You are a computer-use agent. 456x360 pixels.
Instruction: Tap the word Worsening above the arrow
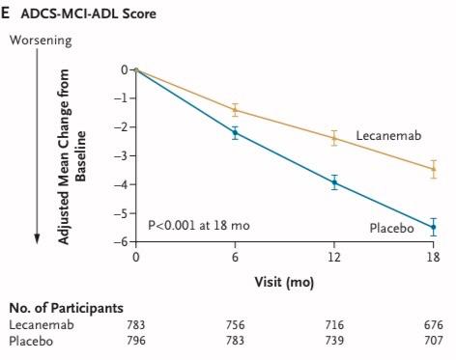(40, 40)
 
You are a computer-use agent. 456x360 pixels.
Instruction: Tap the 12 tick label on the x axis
(334, 260)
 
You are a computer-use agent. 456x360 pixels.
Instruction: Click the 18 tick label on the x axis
(433, 260)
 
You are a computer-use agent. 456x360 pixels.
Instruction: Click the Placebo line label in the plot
(392, 227)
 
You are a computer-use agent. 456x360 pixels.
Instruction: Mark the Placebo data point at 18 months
(433, 228)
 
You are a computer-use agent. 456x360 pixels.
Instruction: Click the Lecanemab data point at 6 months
(235, 110)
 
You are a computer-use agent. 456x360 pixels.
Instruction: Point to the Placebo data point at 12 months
(334, 181)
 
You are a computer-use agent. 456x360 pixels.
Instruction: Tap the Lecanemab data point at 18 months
(433, 169)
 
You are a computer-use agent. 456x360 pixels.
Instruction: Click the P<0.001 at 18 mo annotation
(198, 225)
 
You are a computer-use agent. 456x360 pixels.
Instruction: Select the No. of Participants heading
(66, 308)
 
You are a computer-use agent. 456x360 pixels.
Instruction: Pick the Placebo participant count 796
(136, 340)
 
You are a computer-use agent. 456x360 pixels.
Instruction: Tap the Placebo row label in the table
(31, 340)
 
